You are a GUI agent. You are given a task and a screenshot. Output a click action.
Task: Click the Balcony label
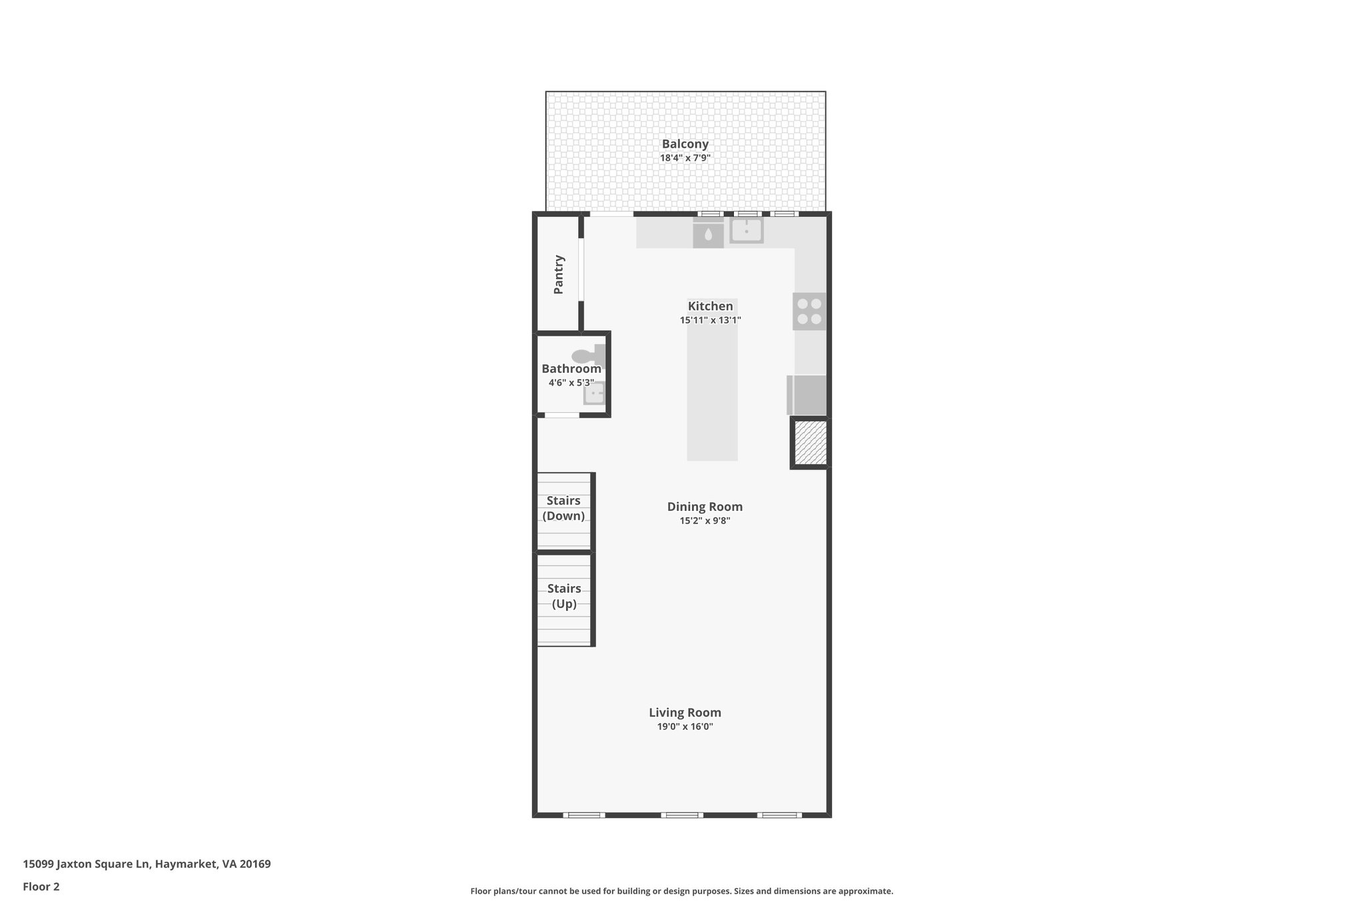point(685,144)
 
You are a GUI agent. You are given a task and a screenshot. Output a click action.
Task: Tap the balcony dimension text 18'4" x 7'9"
point(685,158)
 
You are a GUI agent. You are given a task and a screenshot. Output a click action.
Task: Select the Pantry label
point(559,274)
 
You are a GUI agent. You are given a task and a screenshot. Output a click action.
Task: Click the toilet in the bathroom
point(586,356)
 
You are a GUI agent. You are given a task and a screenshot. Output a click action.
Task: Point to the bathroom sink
point(593,394)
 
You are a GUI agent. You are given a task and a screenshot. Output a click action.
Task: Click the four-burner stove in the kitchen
point(809,311)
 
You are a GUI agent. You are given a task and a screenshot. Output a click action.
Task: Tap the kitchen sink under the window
point(746,230)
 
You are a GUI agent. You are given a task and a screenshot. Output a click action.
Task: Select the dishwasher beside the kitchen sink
point(708,234)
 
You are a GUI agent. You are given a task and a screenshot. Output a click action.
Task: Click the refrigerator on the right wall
point(807,395)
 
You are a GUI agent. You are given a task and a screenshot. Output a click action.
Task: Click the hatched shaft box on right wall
point(811,443)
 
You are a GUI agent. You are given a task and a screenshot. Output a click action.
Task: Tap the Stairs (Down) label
point(563,508)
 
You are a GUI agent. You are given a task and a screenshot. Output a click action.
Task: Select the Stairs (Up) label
point(564,596)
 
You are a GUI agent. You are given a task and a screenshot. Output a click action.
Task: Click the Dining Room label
point(705,507)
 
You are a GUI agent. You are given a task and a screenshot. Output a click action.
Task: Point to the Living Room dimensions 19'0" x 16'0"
point(685,727)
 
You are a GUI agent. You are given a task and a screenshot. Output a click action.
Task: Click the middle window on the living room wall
point(682,814)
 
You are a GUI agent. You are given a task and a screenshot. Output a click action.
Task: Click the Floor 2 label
point(41,886)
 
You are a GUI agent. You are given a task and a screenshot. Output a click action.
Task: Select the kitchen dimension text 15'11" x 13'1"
point(710,320)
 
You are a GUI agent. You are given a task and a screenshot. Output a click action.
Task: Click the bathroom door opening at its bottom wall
point(562,415)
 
